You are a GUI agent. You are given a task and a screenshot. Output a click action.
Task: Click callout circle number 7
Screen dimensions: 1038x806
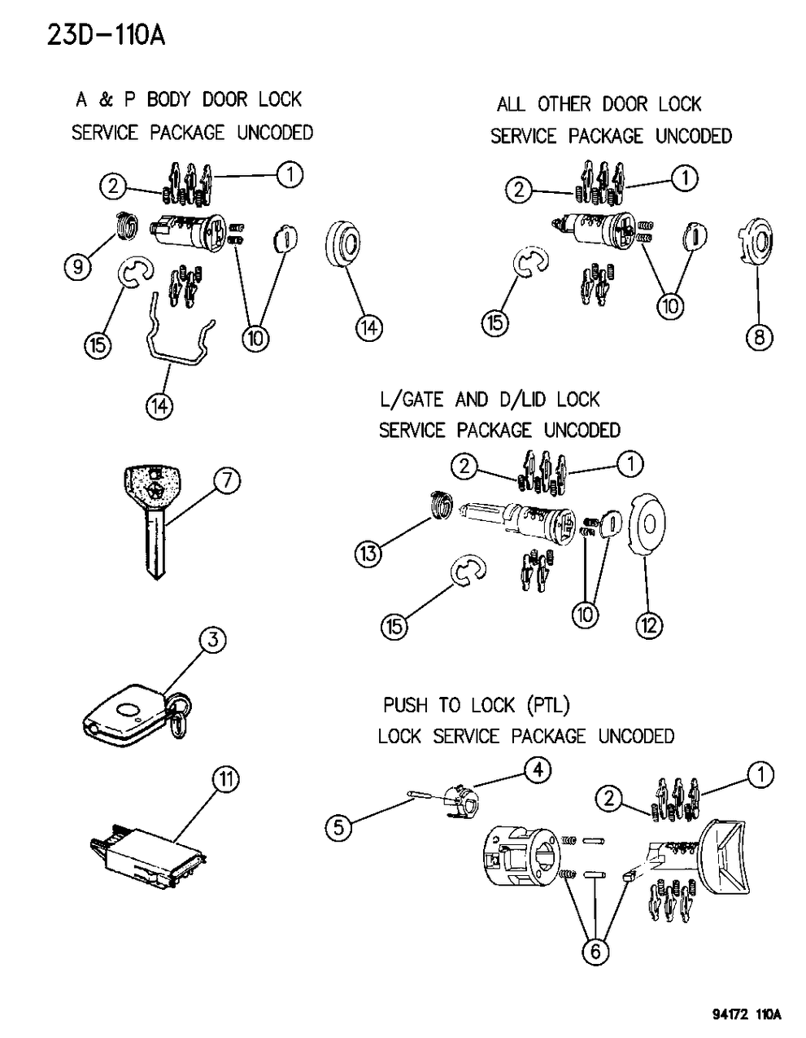coord(226,481)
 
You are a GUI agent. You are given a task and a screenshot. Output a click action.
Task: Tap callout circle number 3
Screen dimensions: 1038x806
coord(211,641)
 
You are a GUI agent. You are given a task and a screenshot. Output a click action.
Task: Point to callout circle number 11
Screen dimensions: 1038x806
coord(226,780)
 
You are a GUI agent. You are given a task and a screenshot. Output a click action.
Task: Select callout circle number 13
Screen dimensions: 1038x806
coord(368,554)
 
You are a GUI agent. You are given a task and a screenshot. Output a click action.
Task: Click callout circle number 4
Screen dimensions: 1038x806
coord(538,769)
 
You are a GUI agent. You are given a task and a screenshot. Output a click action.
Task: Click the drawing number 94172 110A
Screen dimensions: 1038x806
coord(741,1016)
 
